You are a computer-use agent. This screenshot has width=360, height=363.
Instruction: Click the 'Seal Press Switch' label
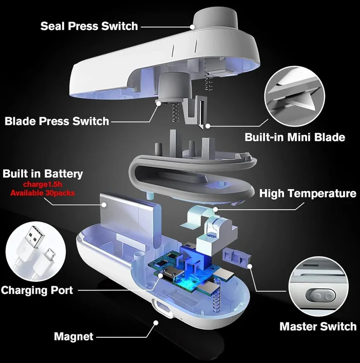[x=89, y=26]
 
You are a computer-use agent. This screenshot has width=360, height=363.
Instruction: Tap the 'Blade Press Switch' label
[x=57, y=121]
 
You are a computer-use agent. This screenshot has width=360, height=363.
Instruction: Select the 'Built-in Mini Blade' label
[x=295, y=137]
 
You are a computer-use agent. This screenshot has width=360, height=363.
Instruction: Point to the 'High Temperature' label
[x=308, y=193]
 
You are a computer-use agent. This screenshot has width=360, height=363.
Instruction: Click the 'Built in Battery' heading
[x=43, y=174]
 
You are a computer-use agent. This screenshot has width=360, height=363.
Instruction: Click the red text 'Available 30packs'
[x=42, y=193]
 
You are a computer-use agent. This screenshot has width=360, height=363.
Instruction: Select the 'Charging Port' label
[x=37, y=290]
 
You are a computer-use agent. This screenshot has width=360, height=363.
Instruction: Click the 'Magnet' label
[x=74, y=337]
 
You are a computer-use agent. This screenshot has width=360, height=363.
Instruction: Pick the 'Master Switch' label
[x=318, y=326]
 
